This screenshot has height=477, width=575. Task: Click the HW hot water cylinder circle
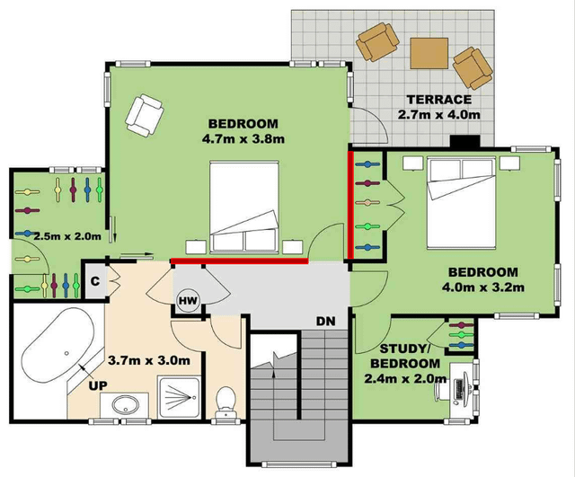click(x=188, y=301)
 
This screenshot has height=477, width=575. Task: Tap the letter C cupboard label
click(x=95, y=281)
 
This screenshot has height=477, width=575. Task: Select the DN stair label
click(x=325, y=322)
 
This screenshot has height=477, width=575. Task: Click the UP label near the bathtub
click(x=98, y=385)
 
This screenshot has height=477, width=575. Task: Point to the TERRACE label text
click(x=439, y=100)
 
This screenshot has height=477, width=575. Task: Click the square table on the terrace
click(x=429, y=53)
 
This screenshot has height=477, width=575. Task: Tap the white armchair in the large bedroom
click(x=144, y=115)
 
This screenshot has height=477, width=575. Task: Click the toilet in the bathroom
click(x=226, y=402)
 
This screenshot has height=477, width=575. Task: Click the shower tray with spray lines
click(x=179, y=396)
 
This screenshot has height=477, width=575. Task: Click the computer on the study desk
click(x=459, y=389)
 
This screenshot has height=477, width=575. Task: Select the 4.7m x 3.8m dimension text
click(x=243, y=139)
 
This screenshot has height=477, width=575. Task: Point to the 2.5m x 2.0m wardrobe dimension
click(x=67, y=235)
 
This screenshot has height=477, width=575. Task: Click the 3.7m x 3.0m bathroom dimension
click(x=149, y=360)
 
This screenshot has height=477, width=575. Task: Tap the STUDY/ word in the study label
click(x=404, y=349)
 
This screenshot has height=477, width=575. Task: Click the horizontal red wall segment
click(x=240, y=261)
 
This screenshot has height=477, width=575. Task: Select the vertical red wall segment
click(x=350, y=206)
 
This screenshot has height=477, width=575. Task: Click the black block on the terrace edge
click(x=465, y=141)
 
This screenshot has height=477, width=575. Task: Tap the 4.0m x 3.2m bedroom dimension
click(x=483, y=287)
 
